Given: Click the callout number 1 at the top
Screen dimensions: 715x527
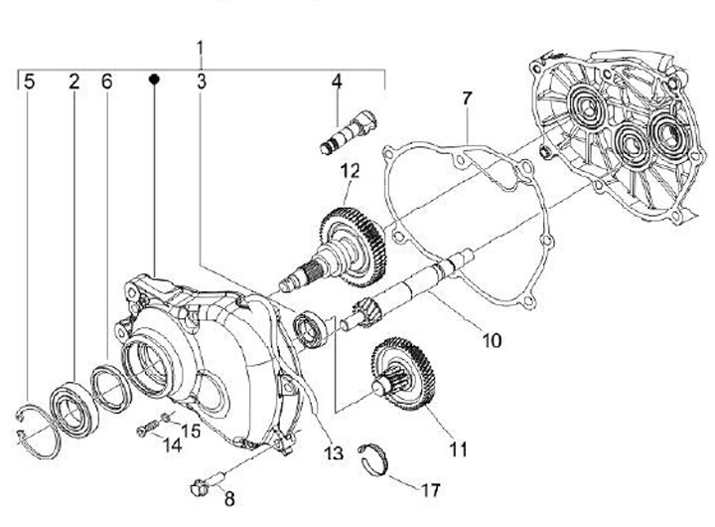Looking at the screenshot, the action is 200,48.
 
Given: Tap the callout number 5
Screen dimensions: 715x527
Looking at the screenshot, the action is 29,82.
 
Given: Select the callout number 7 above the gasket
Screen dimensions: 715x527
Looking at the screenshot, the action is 467,98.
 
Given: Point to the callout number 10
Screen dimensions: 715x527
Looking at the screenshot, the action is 492,340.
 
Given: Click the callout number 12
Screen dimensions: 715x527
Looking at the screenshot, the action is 350,171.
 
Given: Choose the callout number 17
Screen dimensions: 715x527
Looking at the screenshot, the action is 430,490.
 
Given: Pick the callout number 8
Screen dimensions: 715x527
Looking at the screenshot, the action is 229,499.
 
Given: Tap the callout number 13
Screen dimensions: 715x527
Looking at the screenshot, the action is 334,453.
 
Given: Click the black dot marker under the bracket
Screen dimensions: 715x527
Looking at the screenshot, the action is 154,79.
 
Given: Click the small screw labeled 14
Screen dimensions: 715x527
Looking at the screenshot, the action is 146,430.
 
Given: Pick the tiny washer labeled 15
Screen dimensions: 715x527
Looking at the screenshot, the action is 167,416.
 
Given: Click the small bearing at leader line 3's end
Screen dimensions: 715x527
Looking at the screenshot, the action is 310,328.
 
